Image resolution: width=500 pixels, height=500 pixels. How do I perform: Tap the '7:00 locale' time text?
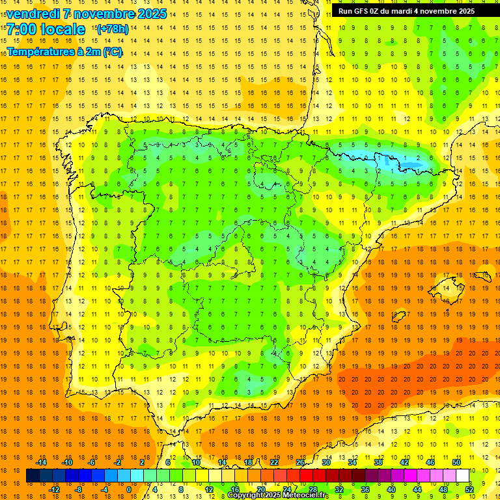pyautogui.click(x=46, y=29)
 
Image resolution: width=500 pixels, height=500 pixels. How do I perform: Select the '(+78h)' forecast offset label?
pyautogui.click(x=112, y=29)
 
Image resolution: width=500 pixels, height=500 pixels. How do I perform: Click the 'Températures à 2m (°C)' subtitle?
pyautogui.click(x=64, y=51)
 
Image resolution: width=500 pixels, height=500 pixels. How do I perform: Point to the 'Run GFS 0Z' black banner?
pyautogui.click(x=406, y=11)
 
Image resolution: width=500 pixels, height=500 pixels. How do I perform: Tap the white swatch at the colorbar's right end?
pyautogui.click(x=462, y=476)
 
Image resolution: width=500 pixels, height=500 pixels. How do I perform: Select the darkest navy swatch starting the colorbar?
pyautogui.click(x=33, y=476)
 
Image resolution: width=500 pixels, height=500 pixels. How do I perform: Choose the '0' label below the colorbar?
pyautogui.click(x=128, y=490)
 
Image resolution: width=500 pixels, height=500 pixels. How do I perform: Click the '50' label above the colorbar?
pyautogui.click(x=456, y=462)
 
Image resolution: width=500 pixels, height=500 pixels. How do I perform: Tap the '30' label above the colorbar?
pyautogui.click(x=326, y=462)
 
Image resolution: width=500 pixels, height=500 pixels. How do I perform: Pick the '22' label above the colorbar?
pyautogui.click(x=273, y=462)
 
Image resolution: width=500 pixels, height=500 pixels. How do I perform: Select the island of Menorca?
pyautogui.click(x=482, y=275)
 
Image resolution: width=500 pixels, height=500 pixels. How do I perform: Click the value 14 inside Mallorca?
pyautogui.click(x=445, y=287)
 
